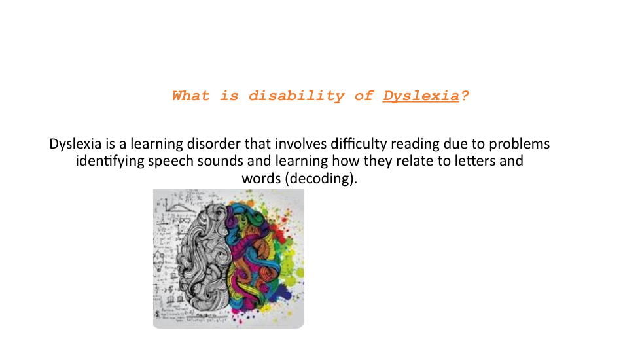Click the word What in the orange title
190,96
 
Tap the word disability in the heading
296,96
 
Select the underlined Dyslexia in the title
421,96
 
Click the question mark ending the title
465,96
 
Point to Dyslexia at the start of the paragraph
75,145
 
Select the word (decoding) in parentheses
321,179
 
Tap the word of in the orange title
363,96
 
